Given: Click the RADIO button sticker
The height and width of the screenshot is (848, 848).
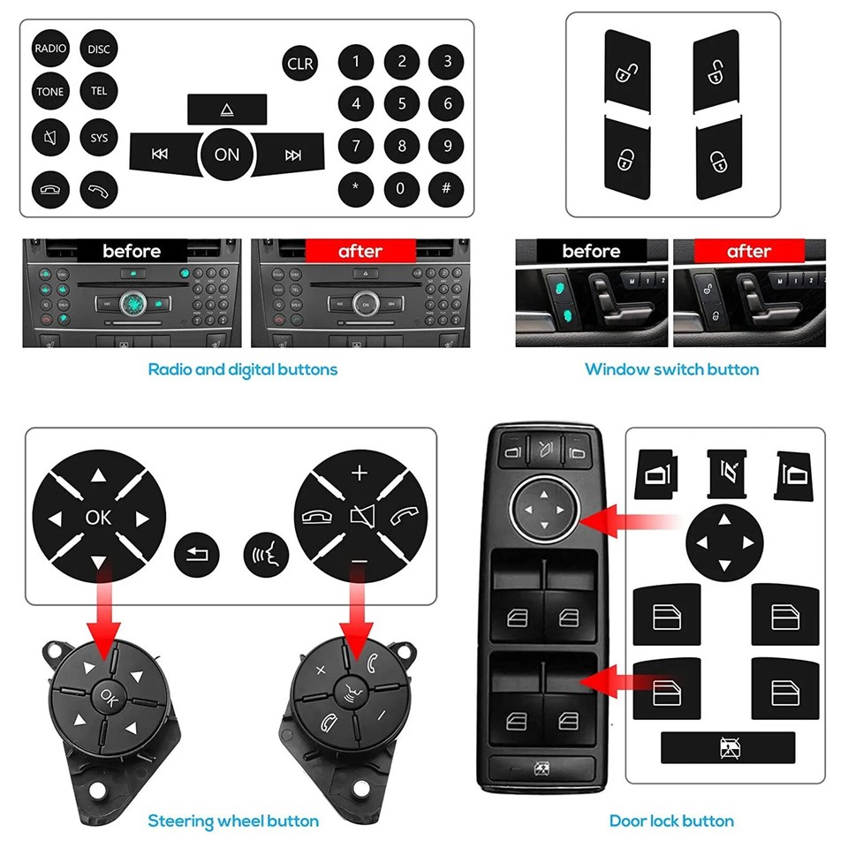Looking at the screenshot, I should [50, 49].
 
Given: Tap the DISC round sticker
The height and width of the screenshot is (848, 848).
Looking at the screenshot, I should [99, 49].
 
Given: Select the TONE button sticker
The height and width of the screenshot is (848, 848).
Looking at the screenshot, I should [50, 93].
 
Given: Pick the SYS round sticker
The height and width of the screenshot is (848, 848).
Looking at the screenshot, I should [99, 138].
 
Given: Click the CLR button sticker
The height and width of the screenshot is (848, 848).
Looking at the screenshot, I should [300, 64].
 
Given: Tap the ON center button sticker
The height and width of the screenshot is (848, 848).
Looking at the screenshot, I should [227, 154].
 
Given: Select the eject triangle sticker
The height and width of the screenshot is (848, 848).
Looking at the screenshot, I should [227, 110].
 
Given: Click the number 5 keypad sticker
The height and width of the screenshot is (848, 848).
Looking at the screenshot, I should [402, 104].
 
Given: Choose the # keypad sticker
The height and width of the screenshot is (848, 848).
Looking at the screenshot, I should [447, 188].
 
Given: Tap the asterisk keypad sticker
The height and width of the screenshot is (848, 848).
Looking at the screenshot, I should [356, 188].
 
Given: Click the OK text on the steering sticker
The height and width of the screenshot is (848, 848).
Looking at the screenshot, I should [98, 517].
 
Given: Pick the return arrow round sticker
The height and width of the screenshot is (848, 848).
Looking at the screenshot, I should [195, 555].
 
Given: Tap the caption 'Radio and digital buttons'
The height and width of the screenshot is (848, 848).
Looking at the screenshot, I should [242, 369].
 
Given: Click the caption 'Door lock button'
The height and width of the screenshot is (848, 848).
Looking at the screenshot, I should [671, 821].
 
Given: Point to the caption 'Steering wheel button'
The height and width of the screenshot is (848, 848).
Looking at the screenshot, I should [233, 821].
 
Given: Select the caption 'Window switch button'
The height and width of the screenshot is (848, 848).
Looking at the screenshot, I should [671, 369].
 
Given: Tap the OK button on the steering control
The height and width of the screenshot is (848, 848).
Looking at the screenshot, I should [107, 694].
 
